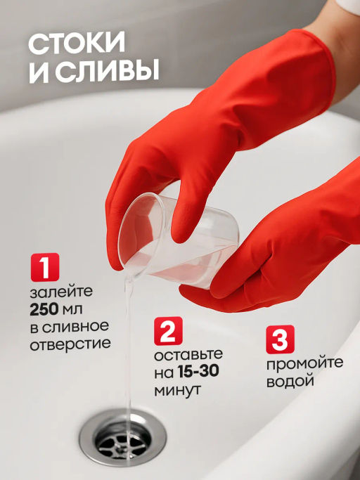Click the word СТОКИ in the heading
click(x=77, y=44)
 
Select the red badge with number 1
click(x=44, y=268)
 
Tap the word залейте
click(x=60, y=291)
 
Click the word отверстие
click(x=70, y=344)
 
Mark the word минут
click(x=176, y=388)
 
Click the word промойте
click(x=304, y=363)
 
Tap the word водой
click(x=289, y=382)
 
